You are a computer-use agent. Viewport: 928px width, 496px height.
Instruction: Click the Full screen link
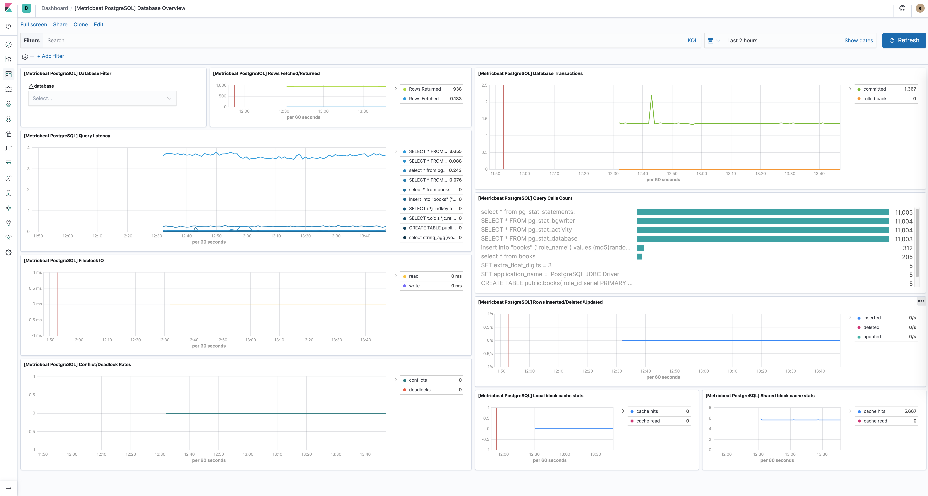[x=34, y=25]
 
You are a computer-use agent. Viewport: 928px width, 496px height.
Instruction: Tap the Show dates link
[x=858, y=40]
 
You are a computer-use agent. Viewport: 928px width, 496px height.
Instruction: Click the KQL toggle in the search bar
[x=692, y=40]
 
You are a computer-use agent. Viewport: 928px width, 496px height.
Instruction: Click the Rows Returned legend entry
[x=424, y=89]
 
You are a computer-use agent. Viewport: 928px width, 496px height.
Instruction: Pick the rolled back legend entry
[x=875, y=99]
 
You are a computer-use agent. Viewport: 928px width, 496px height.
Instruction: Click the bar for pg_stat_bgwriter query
[x=763, y=221]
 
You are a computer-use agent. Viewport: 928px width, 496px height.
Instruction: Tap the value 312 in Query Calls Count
[x=907, y=248]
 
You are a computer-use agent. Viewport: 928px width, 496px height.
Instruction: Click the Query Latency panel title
[x=67, y=136]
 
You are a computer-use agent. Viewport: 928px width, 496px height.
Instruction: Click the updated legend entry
[x=872, y=337]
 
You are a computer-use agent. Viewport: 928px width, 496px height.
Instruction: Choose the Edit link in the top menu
[x=98, y=25]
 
